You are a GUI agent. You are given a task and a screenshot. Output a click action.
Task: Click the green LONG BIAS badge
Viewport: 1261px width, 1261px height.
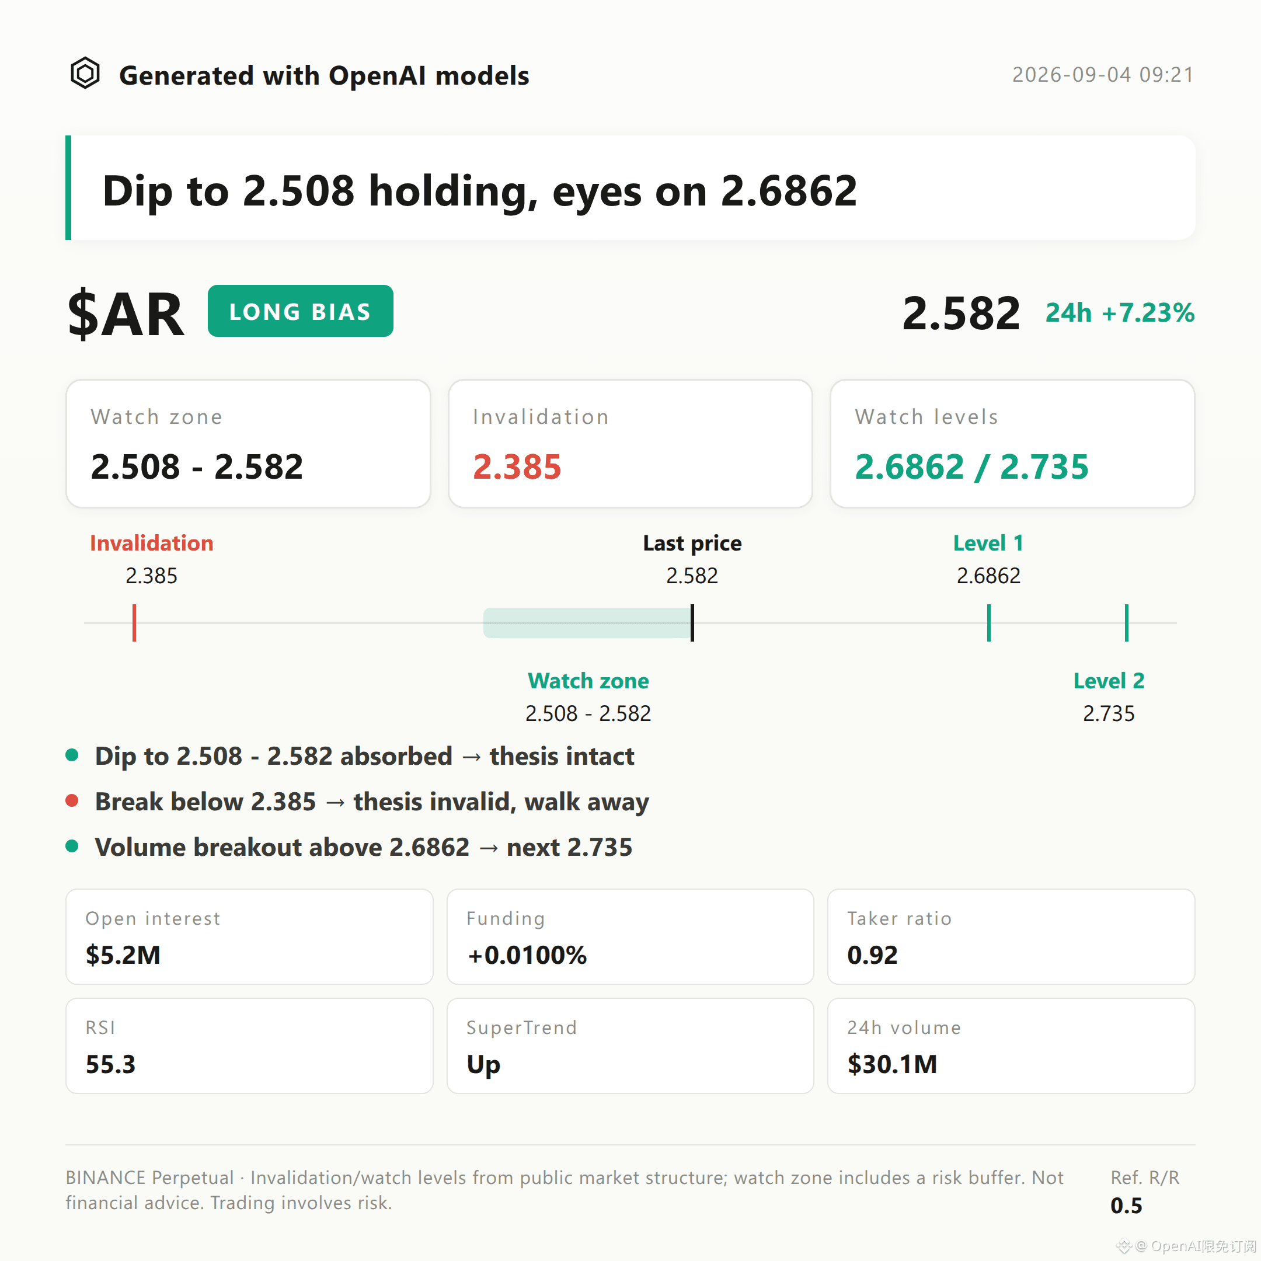click(x=300, y=311)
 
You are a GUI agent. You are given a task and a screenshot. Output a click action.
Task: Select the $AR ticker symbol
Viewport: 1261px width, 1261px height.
click(x=126, y=315)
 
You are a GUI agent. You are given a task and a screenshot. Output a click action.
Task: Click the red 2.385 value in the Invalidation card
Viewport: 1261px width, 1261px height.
click(x=517, y=466)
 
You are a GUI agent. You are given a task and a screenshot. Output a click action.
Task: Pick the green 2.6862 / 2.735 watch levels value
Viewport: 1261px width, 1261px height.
click(x=971, y=466)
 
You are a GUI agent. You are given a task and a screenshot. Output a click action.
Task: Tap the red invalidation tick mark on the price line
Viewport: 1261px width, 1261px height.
click(x=134, y=623)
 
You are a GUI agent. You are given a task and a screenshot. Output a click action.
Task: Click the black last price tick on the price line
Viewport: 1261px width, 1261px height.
click(x=692, y=623)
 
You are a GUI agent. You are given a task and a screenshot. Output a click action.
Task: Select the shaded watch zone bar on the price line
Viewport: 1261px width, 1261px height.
click(x=587, y=623)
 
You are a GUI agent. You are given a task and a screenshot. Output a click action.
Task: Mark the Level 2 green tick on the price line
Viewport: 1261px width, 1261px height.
click(x=1127, y=623)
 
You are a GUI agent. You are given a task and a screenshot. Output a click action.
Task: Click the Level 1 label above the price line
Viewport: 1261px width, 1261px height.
click(x=988, y=543)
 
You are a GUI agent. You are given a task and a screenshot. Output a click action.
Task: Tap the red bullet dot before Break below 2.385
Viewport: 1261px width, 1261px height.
click(x=72, y=801)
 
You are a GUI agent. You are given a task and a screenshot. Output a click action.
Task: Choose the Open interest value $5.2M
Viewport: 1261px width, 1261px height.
click(x=123, y=955)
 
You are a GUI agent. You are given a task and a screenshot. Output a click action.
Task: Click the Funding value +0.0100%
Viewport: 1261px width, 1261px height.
click(x=527, y=955)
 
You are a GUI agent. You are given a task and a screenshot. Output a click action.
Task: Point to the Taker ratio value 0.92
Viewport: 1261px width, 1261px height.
click(x=872, y=955)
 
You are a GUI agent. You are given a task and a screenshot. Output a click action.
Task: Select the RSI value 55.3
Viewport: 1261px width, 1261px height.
click(x=110, y=1064)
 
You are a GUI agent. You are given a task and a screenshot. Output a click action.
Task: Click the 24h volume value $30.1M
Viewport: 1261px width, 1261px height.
click(x=891, y=1064)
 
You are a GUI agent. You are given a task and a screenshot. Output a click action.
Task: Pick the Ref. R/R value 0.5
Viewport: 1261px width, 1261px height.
click(x=1126, y=1206)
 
